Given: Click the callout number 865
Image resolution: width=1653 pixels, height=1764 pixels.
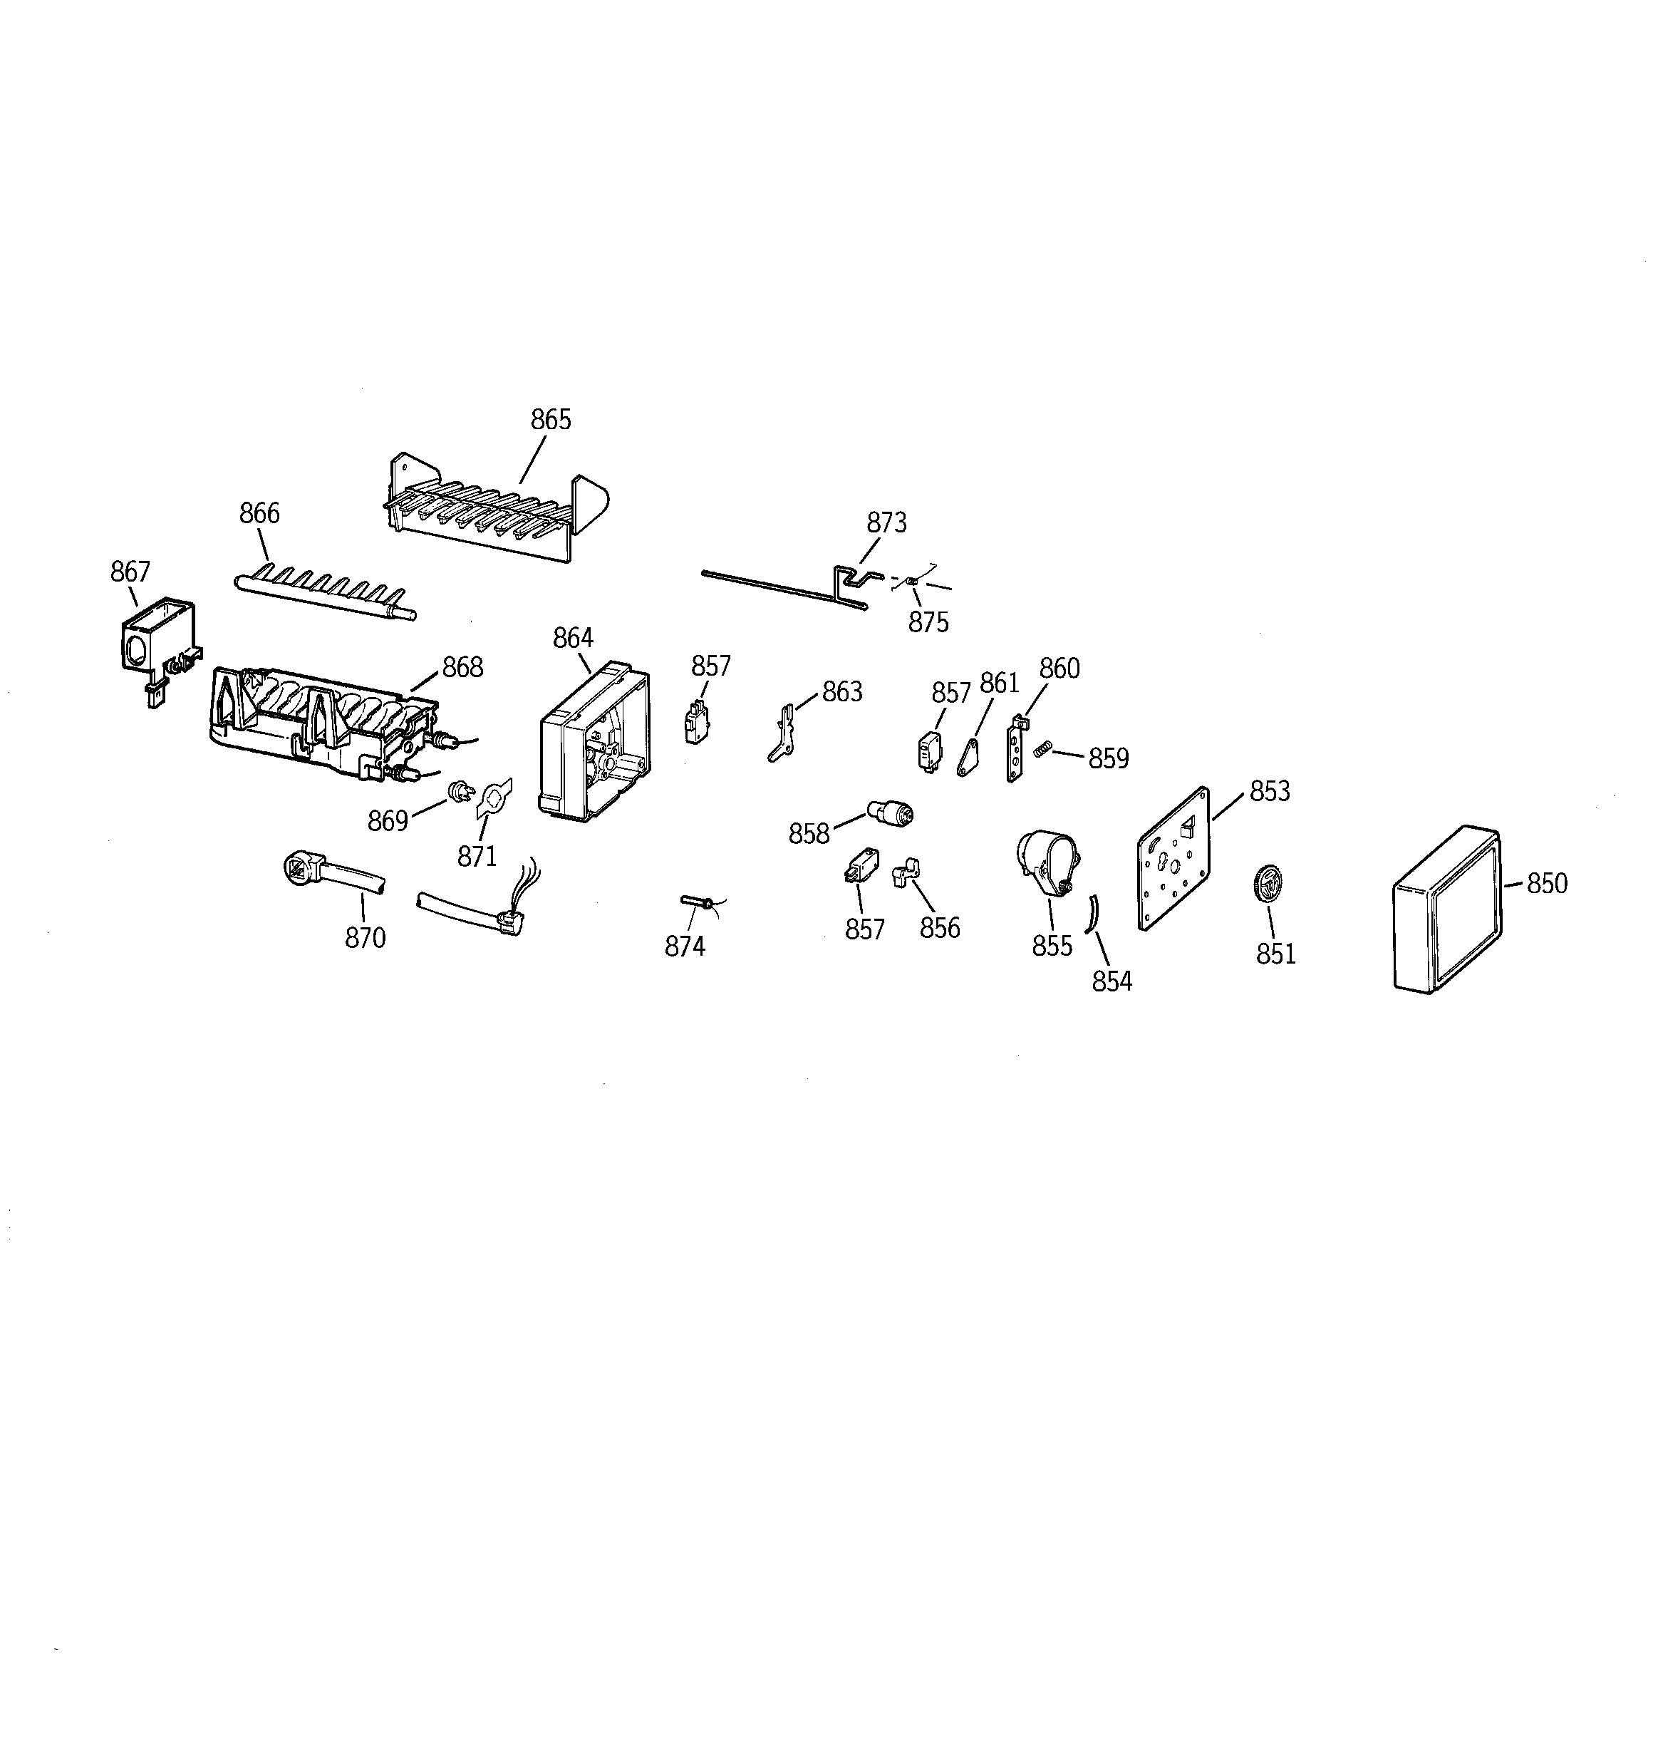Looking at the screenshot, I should (x=550, y=420).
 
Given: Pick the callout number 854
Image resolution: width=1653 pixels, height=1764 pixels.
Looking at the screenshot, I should (x=1111, y=981).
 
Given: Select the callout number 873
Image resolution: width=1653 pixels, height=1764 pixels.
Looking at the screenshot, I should (x=886, y=522).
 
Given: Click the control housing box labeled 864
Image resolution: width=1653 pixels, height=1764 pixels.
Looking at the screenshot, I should (x=593, y=742).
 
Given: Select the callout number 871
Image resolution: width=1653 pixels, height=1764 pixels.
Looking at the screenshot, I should (x=477, y=856).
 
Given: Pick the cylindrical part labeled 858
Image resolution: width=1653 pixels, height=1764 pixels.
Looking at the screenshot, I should (x=890, y=812).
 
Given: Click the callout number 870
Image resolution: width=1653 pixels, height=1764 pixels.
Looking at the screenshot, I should (x=365, y=937).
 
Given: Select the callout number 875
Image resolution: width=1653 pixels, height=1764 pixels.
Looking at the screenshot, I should (x=928, y=622).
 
